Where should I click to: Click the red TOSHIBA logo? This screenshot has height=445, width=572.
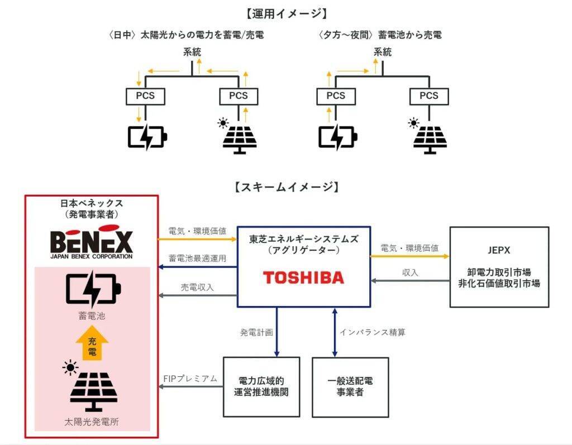pyautogui.click(x=303, y=277)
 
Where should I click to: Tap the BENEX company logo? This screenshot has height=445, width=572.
pyautogui.click(x=92, y=242)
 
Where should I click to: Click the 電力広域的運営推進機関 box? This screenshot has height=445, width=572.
pyautogui.click(x=261, y=386)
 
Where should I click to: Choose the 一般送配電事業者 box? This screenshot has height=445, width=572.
pyautogui.click(x=350, y=386)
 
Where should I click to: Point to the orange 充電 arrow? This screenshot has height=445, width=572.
pyautogui.click(x=92, y=344)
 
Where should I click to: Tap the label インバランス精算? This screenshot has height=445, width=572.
pyautogui.click(x=373, y=332)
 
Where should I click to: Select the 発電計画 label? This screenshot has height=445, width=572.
pyautogui.click(x=256, y=332)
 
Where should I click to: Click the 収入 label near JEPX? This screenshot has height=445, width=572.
pyautogui.click(x=410, y=272)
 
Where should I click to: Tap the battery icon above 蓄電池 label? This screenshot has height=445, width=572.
pyautogui.click(x=92, y=290)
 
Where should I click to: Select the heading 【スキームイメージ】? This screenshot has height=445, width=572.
pyautogui.click(x=286, y=186)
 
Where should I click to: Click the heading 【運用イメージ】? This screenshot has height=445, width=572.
pyautogui.click(x=286, y=13)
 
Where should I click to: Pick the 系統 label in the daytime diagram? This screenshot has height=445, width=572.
pyautogui.click(x=192, y=52)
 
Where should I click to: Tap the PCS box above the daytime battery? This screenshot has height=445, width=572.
pyautogui.click(x=145, y=96)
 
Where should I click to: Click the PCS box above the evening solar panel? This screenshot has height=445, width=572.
pyautogui.click(x=429, y=96)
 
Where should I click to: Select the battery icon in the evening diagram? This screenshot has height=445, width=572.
pyautogui.click(x=337, y=137)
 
